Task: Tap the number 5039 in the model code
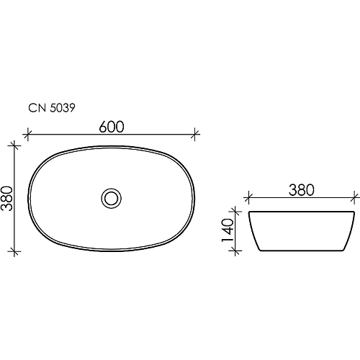pyautogui.click(x=62, y=108)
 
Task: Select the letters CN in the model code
pyautogui.click(x=35, y=108)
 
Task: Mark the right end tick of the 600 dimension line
pyautogui.click(x=195, y=134)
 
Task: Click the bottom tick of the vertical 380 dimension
pyautogui.click(x=15, y=250)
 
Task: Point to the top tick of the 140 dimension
pyautogui.click(x=234, y=212)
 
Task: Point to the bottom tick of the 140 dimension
pyautogui.click(x=234, y=250)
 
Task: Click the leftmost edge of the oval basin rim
pyautogui.click(x=30, y=197)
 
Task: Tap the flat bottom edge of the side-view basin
pyautogui.click(x=300, y=250)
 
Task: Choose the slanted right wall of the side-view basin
pyautogui.click(x=348, y=231)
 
